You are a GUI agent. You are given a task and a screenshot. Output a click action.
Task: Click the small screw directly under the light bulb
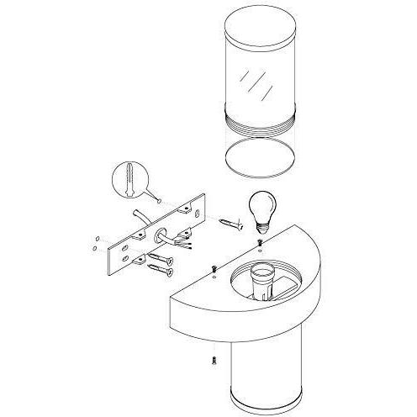261,242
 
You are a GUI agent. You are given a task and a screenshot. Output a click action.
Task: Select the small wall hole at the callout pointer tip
160,202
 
